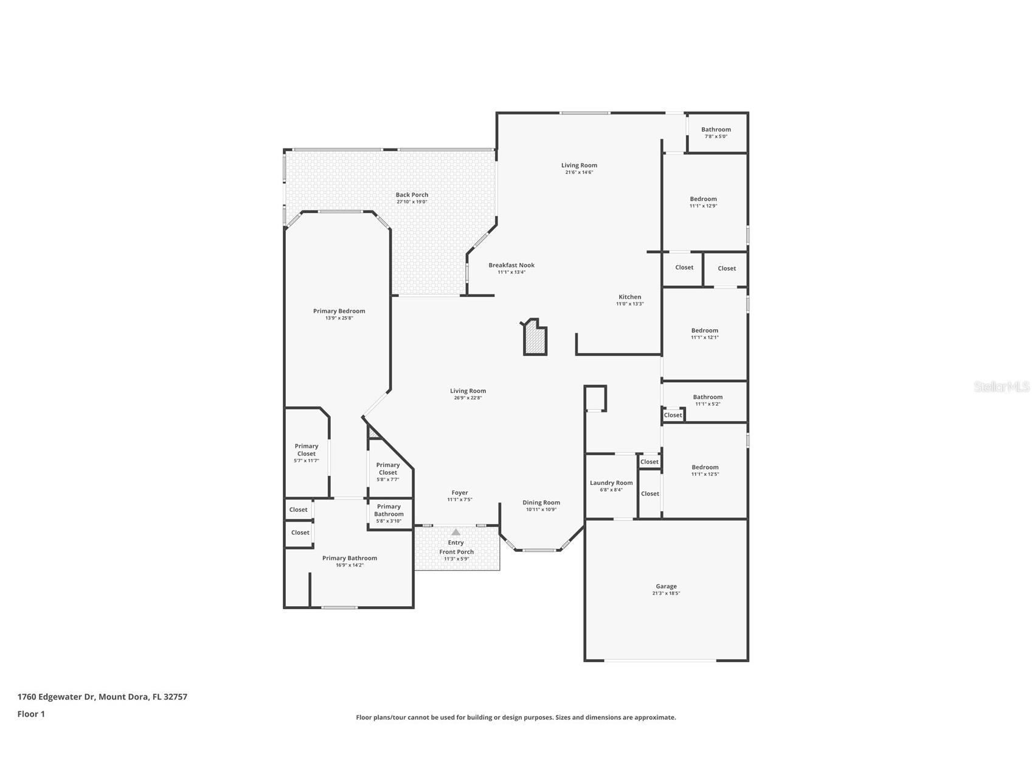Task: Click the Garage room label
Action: click(x=666, y=587)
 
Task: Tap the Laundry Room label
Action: click(x=611, y=483)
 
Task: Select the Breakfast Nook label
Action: click(x=511, y=265)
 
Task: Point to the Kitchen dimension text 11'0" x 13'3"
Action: click(x=629, y=304)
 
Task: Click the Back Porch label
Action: click(x=412, y=195)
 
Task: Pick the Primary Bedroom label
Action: click(x=339, y=311)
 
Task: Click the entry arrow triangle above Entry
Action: click(x=456, y=532)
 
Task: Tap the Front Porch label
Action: click(x=456, y=552)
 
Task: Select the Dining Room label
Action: click(x=541, y=503)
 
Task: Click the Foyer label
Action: click(x=460, y=493)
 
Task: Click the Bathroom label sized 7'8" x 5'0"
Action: click(x=716, y=130)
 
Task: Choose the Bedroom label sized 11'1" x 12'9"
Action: click(x=703, y=199)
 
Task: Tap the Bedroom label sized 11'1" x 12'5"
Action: click(x=705, y=467)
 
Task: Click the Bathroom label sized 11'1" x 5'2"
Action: click(x=708, y=397)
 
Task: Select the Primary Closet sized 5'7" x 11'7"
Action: click(x=306, y=450)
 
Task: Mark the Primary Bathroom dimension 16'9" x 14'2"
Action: click(x=350, y=565)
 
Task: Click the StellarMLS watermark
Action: click(x=1001, y=386)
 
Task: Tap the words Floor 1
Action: click(x=31, y=714)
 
